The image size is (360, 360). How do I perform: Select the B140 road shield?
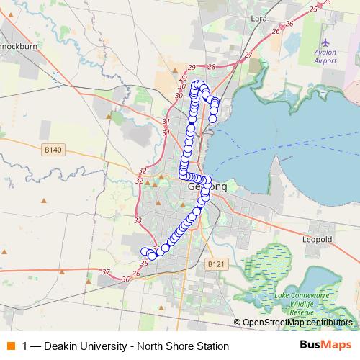tap(53, 149)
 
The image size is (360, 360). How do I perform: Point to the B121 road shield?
tap(216, 264)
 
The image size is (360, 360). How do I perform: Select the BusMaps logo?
tap(325, 346)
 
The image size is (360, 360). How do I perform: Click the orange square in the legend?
tap(12, 346)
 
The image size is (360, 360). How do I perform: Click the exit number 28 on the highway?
tap(211, 66)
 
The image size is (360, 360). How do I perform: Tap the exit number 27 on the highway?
tap(248, 55)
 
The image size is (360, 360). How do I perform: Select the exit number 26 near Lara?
tap(276, 32)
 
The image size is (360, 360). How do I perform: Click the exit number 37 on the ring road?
tap(106, 271)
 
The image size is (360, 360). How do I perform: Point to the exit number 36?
tap(127, 278)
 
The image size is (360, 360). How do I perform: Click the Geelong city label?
tap(207, 186)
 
